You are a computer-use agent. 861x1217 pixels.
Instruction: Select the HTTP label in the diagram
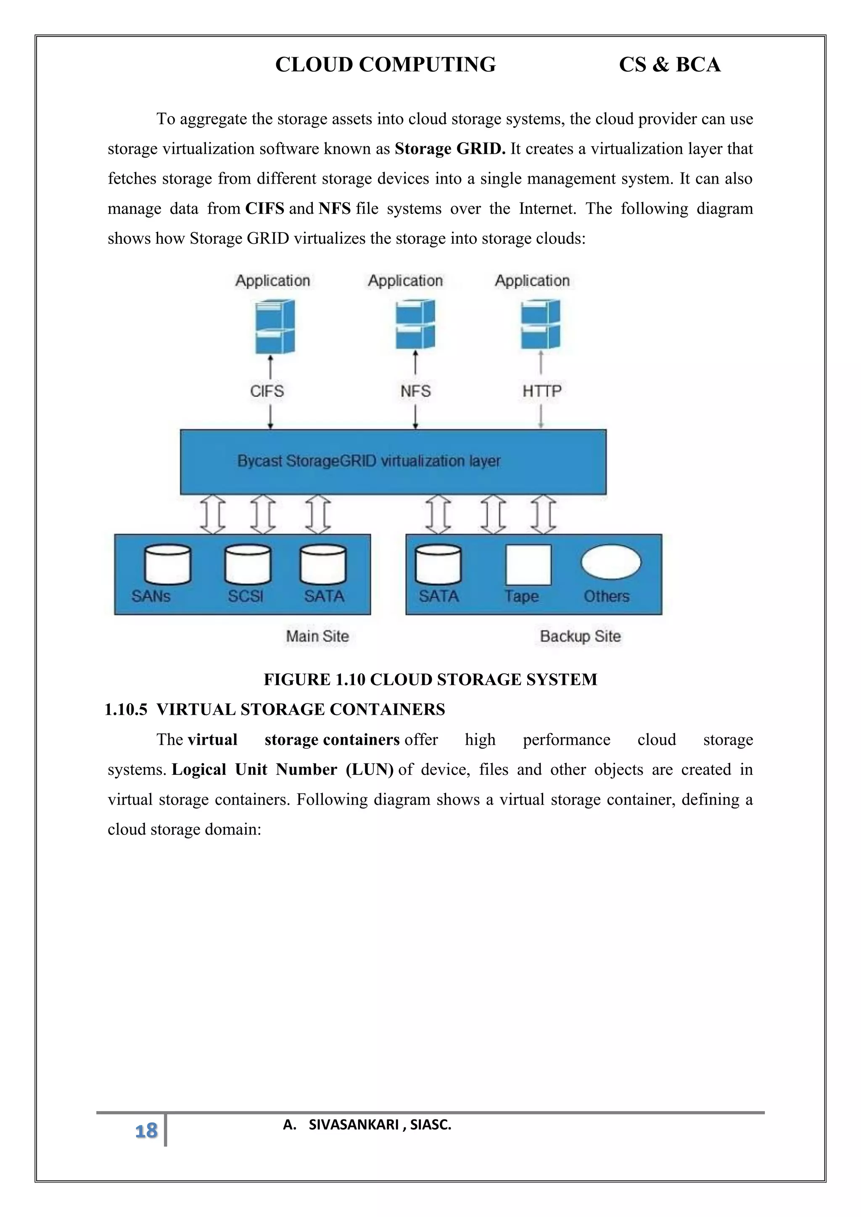(541, 391)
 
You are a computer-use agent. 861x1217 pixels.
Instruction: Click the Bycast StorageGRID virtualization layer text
(368, 461)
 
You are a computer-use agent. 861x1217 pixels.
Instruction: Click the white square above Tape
(528, 564)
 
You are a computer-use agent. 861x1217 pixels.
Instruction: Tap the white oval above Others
(611, 562)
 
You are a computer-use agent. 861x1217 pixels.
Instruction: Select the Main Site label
(317, 636)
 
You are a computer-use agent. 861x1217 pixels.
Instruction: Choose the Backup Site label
(580, 636)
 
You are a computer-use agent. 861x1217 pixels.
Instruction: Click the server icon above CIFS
(274, 327)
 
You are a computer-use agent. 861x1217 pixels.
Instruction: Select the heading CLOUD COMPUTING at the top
(386, 65)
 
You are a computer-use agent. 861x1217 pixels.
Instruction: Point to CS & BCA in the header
(670, 65)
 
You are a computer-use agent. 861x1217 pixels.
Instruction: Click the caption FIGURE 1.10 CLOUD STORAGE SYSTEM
(430, 680)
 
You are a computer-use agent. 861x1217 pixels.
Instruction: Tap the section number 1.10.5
(126, 710)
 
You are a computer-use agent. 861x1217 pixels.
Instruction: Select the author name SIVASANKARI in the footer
(354, 1124)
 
